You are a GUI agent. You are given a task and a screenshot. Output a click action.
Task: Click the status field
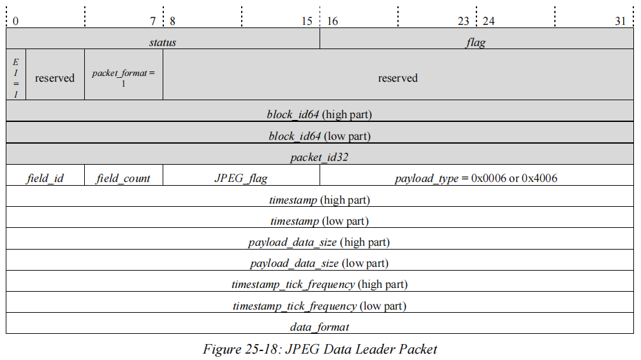coord(163,43)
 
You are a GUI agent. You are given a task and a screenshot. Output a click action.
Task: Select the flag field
coord(476,43)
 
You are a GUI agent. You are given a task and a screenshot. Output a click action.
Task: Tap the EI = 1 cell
coord(16,78)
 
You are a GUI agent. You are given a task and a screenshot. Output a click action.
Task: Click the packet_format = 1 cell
coord(124,77)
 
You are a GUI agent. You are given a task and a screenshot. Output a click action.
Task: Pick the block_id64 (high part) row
coord(320,115)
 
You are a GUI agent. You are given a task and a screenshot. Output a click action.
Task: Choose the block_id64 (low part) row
coord(320,136)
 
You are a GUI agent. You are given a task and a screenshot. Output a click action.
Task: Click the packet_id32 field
coord(320,157)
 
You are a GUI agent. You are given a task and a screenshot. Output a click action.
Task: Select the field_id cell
coord(45,178)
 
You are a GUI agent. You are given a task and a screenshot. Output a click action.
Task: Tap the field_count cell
coord(124,178)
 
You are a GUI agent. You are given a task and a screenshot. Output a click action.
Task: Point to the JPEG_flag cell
coord(241,178)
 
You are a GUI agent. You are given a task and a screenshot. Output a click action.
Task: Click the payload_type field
coord(476,178)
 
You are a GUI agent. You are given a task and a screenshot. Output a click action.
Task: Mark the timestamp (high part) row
coord(320,200)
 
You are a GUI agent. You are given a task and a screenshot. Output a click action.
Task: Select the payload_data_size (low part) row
coord(320,263)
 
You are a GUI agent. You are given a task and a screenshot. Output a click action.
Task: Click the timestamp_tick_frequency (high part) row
coord(320,284)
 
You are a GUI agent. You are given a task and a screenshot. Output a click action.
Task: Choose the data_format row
coord(320,327)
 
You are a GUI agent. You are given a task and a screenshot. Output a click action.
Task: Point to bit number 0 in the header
coord(15,21)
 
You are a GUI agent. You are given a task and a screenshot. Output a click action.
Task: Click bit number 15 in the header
coord(307,21)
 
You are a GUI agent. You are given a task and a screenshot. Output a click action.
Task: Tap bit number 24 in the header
coord(489,21)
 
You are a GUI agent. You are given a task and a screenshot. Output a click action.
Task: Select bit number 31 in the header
coord(620,21)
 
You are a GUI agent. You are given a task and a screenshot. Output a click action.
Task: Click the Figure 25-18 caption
coord(320,349)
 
